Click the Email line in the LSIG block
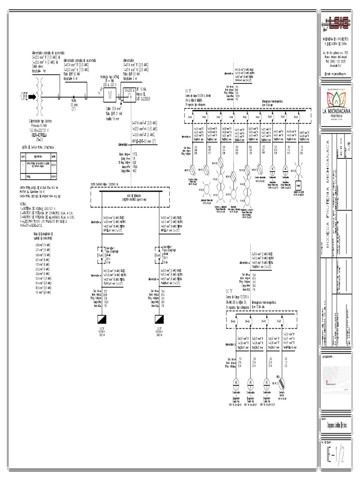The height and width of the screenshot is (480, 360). tap(338, 74)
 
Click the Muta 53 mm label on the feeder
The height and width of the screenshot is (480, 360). tap(74, 105)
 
